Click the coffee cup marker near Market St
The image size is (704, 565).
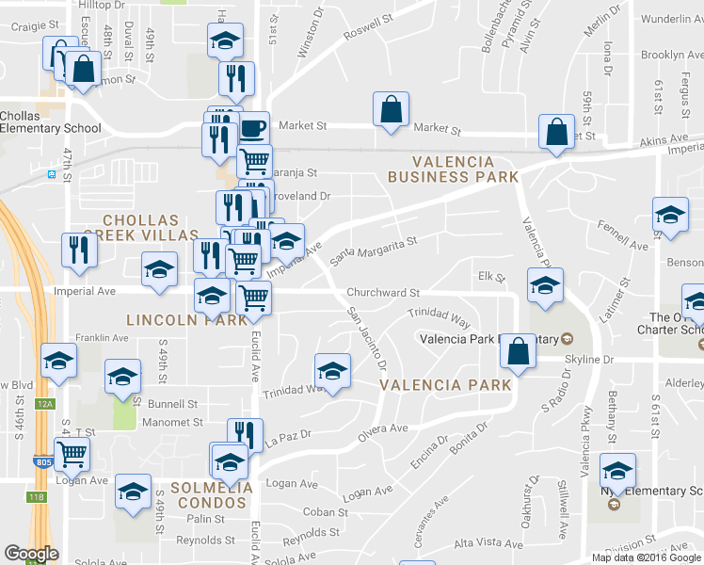click(x=252, y=128)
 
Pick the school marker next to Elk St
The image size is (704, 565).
click(x=545, y=286)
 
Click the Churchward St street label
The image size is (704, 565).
click(x=382, y=293)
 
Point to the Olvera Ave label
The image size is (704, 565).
click(x=382, y=434)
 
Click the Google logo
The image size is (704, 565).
click(x=31, y=554)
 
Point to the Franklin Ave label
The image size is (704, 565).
click(x=102, y=337)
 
